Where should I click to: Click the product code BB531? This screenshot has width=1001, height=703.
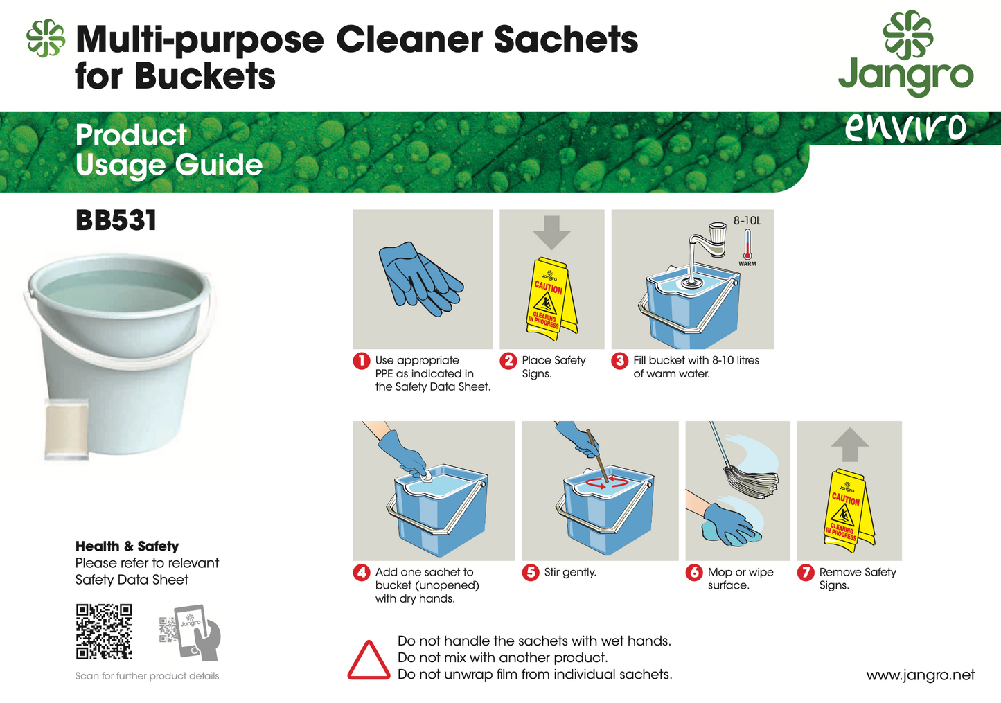(x=116, y=221)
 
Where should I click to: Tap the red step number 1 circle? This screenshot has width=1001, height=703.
(x=362, y=361)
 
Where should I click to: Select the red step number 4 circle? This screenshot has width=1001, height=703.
(x=362, y=573)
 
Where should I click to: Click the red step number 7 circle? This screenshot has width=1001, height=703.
(x=806, y=573)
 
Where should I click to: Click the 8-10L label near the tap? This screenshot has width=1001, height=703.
(x=747, y=221)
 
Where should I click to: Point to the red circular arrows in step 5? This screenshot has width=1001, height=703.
(x=607, y=481)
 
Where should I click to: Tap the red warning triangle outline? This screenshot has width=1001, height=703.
(x=369, y=661)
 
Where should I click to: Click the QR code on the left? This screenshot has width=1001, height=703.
(x=103, y=631)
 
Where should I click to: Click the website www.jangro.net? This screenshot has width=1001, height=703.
(x=920, y=675)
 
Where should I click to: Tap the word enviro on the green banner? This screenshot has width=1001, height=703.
(x=905, y=127)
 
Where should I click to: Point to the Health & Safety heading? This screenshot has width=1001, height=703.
(x=127, y=546)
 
